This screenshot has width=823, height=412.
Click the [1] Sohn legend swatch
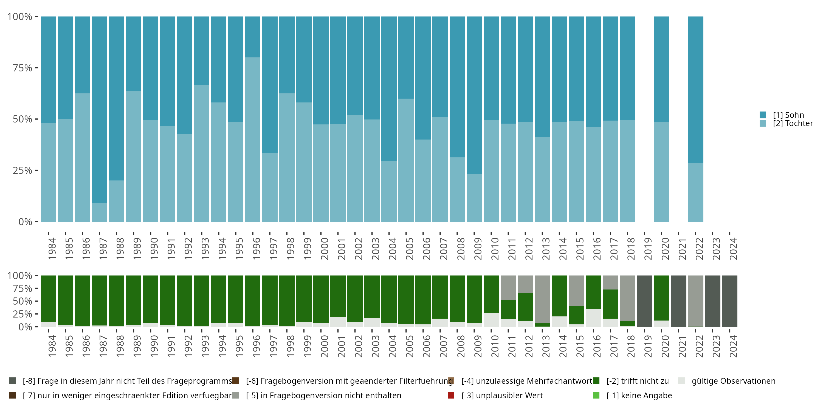[763, 115]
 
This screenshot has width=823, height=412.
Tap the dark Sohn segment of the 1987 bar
[100, 110]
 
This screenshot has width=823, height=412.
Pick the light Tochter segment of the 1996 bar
[253, 140]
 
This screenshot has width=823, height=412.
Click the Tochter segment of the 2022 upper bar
[695, 192]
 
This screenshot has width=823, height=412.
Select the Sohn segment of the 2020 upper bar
[661, 69]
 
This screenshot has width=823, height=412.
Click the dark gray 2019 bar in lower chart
[644, 301]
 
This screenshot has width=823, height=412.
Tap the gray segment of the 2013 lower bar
[542, 299]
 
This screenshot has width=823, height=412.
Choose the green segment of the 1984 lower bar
[49, 299]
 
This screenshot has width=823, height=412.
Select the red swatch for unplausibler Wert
[451, 395]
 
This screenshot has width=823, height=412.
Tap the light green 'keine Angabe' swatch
[596, 395]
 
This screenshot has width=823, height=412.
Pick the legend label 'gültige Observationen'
[734, 381]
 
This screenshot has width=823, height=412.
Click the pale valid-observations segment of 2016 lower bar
[594, 318]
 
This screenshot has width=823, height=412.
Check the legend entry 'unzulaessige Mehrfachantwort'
[527, 381]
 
